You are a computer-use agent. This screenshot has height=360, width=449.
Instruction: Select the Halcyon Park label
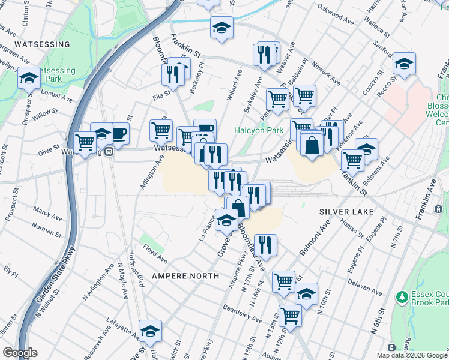258,130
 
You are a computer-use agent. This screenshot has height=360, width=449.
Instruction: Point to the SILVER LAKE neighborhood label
346,212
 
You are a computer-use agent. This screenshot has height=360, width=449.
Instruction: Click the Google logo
19,353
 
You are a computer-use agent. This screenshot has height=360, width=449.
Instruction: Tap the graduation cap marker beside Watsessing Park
28,79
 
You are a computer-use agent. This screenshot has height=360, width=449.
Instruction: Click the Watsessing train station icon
109,151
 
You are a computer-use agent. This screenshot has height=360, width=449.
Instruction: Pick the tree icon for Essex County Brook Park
402,297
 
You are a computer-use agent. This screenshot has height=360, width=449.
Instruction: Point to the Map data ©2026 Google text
411,355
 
